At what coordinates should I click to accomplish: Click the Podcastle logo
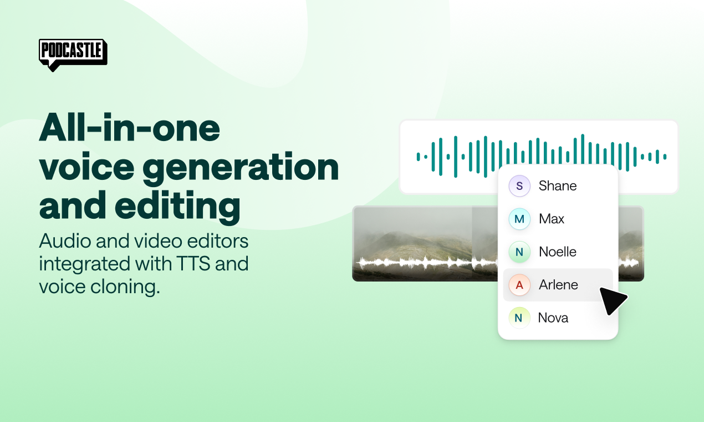click(x=73, y=55)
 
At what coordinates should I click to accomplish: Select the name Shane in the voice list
click(x=558, y=186)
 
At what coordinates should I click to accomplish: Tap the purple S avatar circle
click(x=519, y=186)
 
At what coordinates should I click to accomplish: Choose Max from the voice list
click(x=552, y=219)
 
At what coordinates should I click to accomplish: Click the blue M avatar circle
click(x=519, y=219)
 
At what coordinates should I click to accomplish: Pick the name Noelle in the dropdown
click(x=558, y=252)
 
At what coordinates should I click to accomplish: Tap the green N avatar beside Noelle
click(x=519, y=252)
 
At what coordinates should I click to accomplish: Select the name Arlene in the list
click(x=558, y=285)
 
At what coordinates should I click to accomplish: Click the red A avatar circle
click(x=519, y=285)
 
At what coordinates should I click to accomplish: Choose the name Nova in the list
click(x=553, y=318)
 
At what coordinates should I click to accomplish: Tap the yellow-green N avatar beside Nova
click(x=519, y=318)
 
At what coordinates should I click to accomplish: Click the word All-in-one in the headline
click(x=130, y=128)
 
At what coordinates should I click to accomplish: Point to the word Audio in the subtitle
click(x=65, y=241)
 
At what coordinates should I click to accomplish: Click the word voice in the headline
click(x=86, y=167)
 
